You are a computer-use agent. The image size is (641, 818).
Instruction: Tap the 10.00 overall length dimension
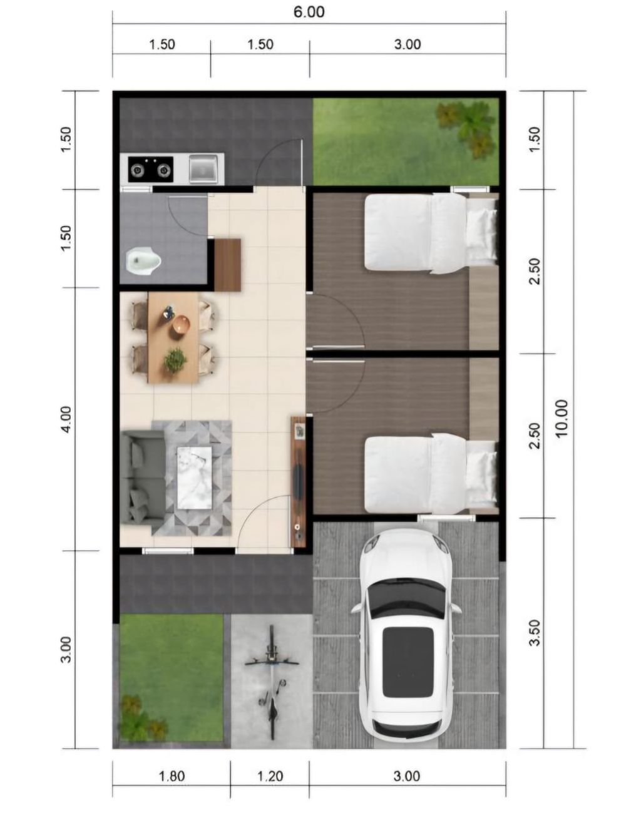[x=562, y=418]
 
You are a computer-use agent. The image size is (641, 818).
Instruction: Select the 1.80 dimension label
[x=172, y=776]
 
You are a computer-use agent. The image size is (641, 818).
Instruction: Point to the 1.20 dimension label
[x=270, y=776]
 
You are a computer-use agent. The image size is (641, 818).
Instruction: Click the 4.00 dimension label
[x=66, y=419]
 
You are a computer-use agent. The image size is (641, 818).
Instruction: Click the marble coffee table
[x=195, y=478]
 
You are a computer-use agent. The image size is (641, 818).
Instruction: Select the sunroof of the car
[x=408, y=662]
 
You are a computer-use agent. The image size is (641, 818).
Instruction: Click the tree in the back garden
[x=467, y=128]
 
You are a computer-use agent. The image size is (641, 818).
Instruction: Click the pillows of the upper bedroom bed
[x=482, y=231]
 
